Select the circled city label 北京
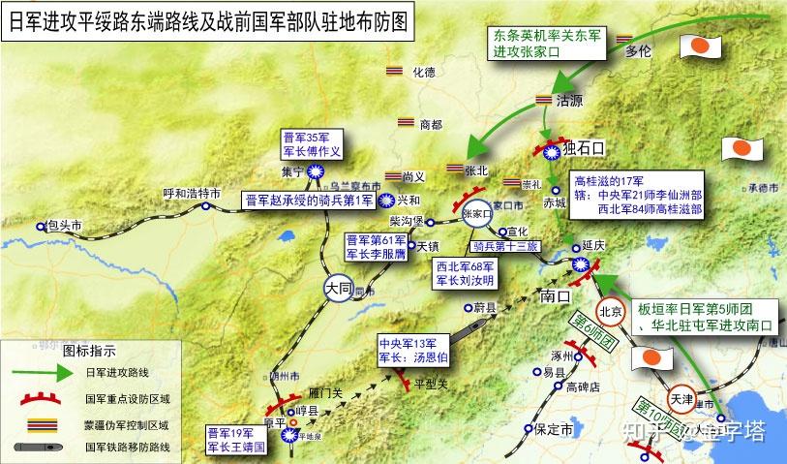610,312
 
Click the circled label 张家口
477,214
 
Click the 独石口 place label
583,148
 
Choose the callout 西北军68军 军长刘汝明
465,274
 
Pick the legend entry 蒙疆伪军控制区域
126,423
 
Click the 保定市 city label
556,428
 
